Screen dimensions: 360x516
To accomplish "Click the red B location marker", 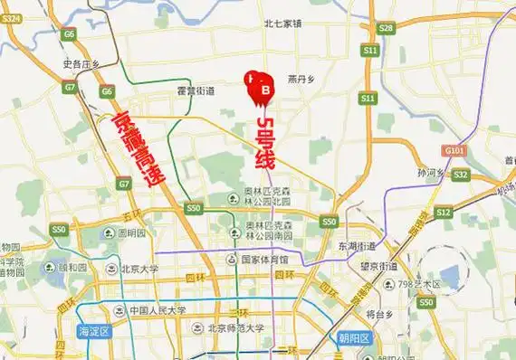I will [x=264, y=90].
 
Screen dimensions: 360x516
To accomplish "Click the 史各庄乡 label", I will [x=79, y=64].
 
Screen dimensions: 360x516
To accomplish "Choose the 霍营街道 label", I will [x=196, y=91].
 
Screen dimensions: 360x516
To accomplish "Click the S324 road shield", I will [x=12, y=30].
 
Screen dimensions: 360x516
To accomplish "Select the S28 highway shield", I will [x=387, y=29].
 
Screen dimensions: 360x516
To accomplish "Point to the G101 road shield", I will [x=454, y=151].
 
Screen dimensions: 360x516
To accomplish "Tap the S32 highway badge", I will [x=460, y=174].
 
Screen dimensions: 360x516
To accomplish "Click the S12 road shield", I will [x=443, y=212].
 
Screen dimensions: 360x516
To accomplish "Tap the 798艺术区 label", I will [x=418, y=284].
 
